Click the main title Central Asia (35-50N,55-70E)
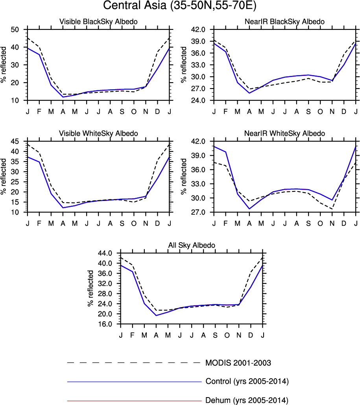(180, 6)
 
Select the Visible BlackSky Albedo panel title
(98, 22)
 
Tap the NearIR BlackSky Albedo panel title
(284, 22)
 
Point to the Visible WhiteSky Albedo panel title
(98, 133)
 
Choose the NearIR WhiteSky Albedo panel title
(284, 133)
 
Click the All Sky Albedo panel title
(192, 245)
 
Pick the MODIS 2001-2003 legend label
(238, 363)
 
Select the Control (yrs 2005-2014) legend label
(247, 381)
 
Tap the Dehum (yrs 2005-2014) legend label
(247, 400)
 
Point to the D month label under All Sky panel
(251, 335)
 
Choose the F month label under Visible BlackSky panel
(39, 111)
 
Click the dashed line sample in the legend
(134, 363)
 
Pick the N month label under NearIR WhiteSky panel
(332, 223)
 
